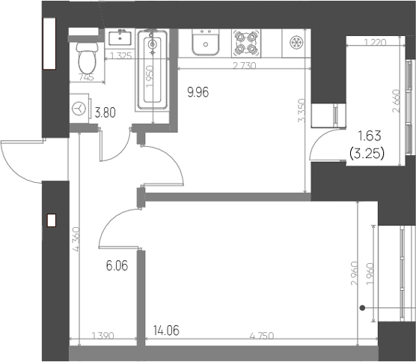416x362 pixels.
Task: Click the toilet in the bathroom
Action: (87, 58)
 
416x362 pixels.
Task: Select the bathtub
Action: (153, 70)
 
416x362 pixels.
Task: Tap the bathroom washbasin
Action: (120, 37)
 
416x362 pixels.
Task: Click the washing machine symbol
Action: (79, 109)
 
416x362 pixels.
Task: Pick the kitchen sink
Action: (206, 42)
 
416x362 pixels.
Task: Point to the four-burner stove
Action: (246, 43)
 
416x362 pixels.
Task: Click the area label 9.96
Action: (198, 92)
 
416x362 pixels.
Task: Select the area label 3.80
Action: (105, 113)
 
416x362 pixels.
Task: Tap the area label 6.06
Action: (117, 265)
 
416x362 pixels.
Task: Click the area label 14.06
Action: (166, 331)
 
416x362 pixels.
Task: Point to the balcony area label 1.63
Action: (370, 136)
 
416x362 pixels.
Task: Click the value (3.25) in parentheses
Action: (367, 154)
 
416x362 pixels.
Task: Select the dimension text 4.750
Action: (262, 336)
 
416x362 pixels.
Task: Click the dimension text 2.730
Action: (245, 66)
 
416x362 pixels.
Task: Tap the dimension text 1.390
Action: (103, 336)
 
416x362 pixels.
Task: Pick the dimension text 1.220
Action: (375, 42)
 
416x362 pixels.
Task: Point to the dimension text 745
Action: (87, 78)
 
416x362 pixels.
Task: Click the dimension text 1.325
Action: (120, 56)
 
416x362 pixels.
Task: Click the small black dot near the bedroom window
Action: (362, 308)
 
